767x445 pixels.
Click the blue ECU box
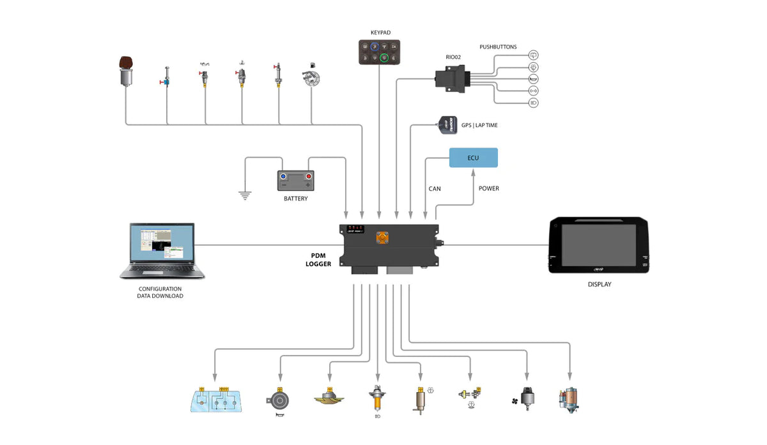click(473, 158)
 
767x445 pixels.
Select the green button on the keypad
click(385, 57)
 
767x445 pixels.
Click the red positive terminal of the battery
click(308, 176)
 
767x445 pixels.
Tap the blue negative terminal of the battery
click(283, 176)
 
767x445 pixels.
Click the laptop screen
click(162, 243)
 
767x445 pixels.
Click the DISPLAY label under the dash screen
click(599, 285)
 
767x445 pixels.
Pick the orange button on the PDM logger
click(382, 238)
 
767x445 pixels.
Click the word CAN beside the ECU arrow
click(434, 189)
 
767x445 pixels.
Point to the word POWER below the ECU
click(488, 189)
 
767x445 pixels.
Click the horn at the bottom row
click(279, 401)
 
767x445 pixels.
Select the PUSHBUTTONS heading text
click(498, 47)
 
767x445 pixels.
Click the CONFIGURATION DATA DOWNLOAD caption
click(160, 292)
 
